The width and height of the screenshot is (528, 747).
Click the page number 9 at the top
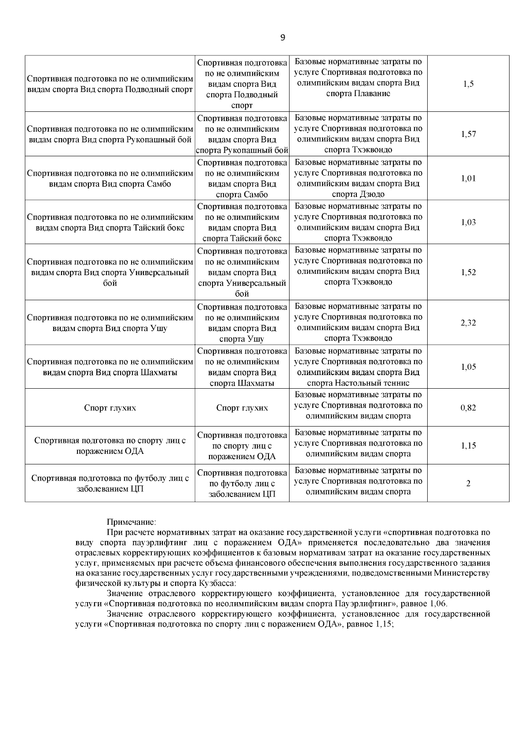282,37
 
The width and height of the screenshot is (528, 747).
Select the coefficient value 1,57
468,134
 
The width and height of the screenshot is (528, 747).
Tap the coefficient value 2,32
468,323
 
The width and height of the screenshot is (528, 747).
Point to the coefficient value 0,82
468,408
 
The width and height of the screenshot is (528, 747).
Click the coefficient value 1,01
468,178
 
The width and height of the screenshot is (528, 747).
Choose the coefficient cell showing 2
468,483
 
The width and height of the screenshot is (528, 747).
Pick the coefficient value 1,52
468,272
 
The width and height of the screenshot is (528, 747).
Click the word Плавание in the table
374,93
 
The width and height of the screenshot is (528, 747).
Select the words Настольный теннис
374,383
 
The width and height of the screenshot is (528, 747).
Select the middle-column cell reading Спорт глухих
242,408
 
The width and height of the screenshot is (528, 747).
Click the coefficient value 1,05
468,367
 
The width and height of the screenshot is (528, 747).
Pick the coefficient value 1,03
468,222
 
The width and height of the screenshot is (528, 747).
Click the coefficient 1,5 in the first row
468,84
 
